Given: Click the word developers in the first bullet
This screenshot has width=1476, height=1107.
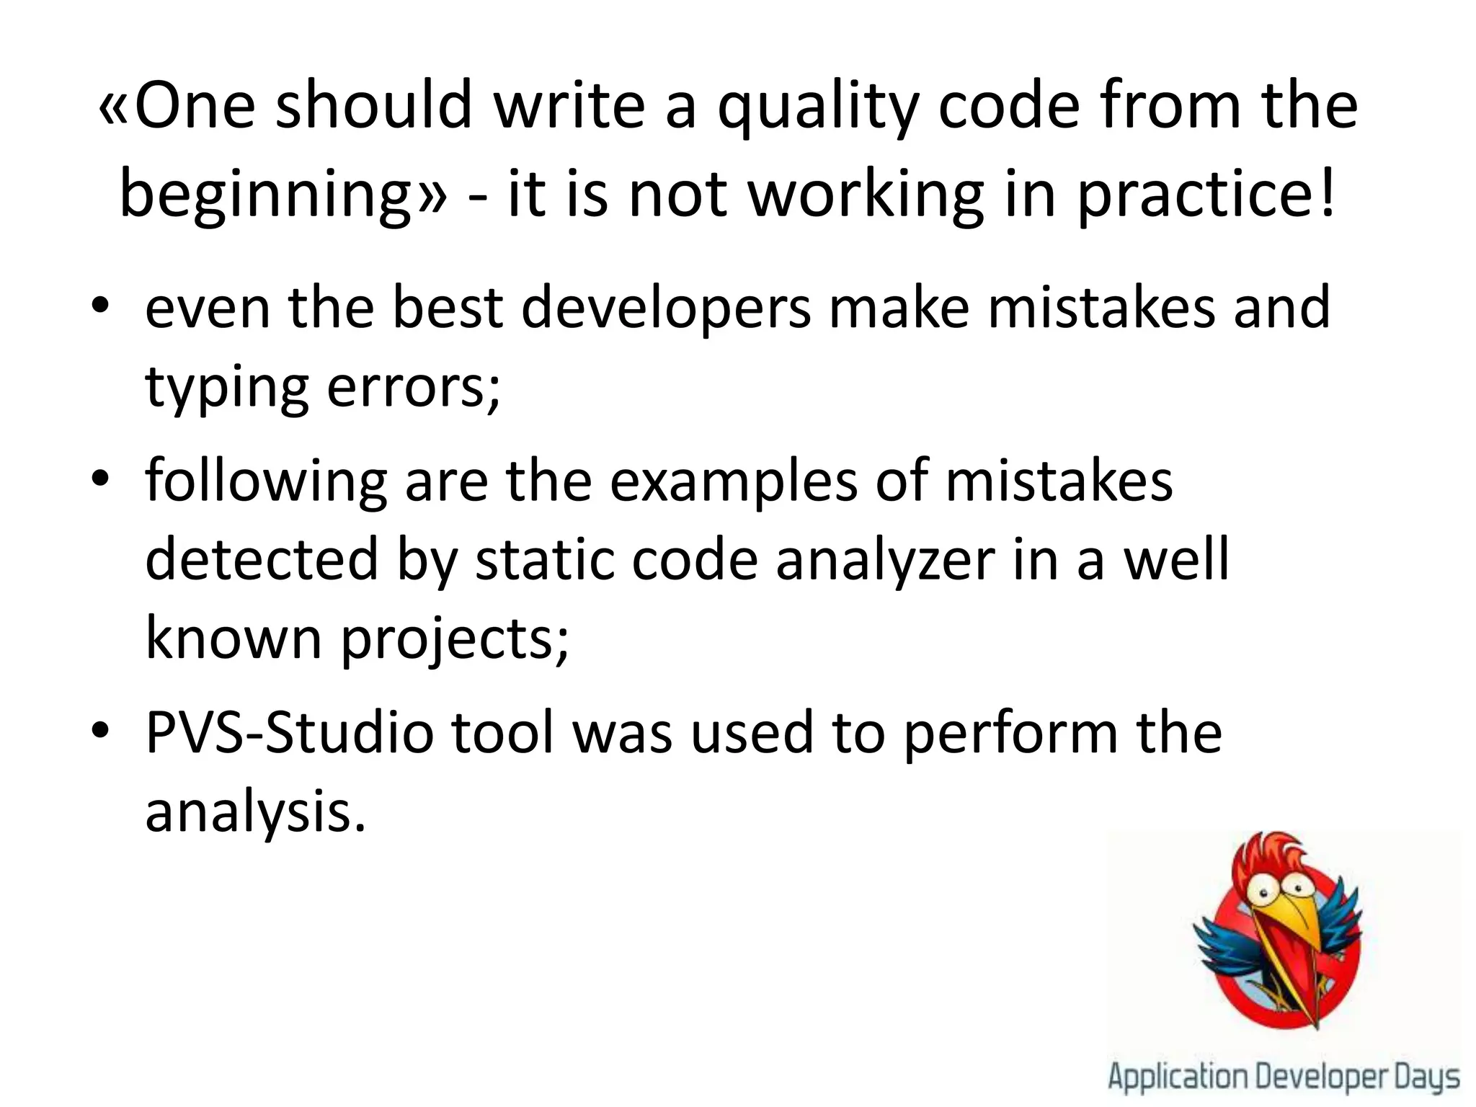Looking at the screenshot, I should pos(666,308).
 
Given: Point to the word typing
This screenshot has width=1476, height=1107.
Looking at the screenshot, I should pos(227,388).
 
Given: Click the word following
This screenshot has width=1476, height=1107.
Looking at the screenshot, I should pos(266,481).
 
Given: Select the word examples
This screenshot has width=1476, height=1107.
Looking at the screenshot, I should pos(734,481).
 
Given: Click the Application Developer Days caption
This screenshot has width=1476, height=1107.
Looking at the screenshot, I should pos(1284,1078).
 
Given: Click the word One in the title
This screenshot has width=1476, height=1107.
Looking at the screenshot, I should pos(195,108).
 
